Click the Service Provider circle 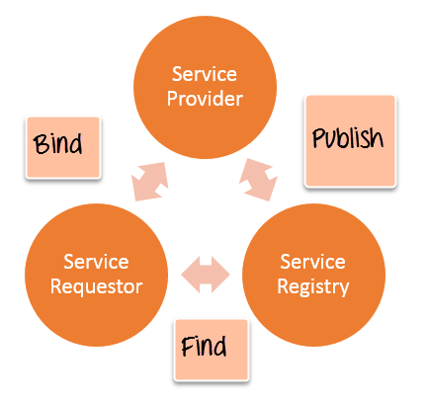(205, 87)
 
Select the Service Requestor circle (96, 275)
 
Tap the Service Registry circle (313, 275)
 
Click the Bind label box (63, 147)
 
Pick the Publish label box (350, 141)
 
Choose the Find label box (212, 350)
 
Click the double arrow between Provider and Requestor (150, 182)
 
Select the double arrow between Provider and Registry (258, 180)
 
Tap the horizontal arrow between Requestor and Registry (206, 275)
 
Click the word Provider (205, 99)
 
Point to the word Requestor (96, 286)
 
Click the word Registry (313, 287)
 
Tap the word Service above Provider (205, 74)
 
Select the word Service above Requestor (96, 262)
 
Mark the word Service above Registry (313, 262)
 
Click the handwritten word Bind (57, 144)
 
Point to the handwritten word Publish (348, 138)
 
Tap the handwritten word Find (204, 347)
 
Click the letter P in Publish (318, 138)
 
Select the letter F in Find (187, 347)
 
